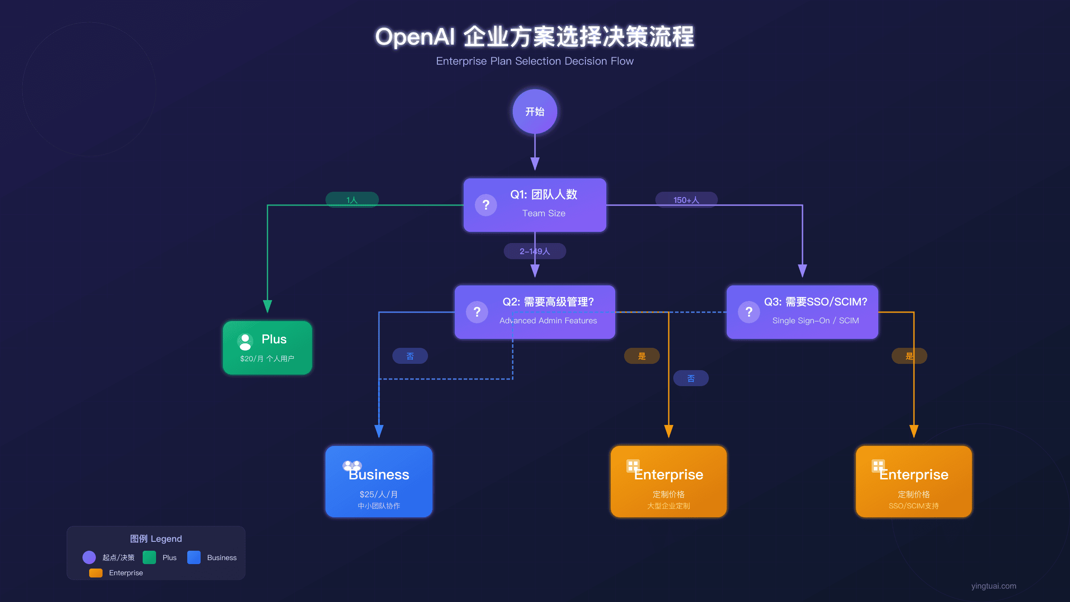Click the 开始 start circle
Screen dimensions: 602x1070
click(535, 111)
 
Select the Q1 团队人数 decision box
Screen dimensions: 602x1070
click(535, 205)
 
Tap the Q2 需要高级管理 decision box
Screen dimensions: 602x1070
click(535, 312)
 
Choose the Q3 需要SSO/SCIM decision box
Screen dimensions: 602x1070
click(802, 312)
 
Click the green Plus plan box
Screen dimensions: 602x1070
click(267, 347)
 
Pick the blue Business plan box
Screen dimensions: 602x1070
click(379, 482)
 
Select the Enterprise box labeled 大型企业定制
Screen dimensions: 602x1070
click(668, 482)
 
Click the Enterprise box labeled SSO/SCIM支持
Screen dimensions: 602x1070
click(914, 482)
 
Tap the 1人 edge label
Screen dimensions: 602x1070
click(352, 200)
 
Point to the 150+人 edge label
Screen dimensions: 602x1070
click(686, 200)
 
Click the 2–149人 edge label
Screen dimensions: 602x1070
click(535, 251)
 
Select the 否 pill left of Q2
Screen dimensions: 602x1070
click(410, 356)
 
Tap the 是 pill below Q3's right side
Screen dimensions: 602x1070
click(909, 356)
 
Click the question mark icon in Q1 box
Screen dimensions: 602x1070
click(486, 205)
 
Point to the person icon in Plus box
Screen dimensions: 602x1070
click(245, 342)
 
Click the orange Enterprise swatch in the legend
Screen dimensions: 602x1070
click(96, 573)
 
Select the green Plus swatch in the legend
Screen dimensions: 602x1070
click(149, 557)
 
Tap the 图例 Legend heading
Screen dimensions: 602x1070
click(156, 539)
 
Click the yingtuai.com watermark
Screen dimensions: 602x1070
click(993, 586)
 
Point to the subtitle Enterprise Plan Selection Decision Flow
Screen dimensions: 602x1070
click(535, 61)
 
